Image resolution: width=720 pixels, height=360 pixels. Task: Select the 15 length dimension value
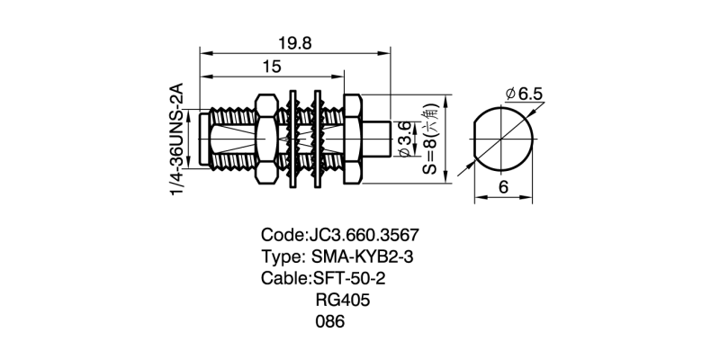pyautogui.click(x=272, y=66)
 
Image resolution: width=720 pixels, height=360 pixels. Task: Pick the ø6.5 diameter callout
pyautogui.click(x=525, y=94)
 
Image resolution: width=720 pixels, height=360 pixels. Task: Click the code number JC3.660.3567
pyautogui.click(x=364, y=236)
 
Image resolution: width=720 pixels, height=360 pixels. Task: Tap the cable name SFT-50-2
pyautogui.click(x=353, y=277)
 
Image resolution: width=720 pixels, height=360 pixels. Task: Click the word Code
pyautogui.click(x=281, y=236)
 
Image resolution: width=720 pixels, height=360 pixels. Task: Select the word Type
pyautogui.click(x=281, y=256)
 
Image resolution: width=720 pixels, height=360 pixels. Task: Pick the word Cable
pyautogui.click(x=284, y=277)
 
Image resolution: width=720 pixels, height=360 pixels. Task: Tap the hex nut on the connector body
pyautogui.click(x=267, y=139)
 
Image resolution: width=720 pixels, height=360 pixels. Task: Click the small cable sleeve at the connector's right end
pyautogui.click(x=377, y=139)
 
